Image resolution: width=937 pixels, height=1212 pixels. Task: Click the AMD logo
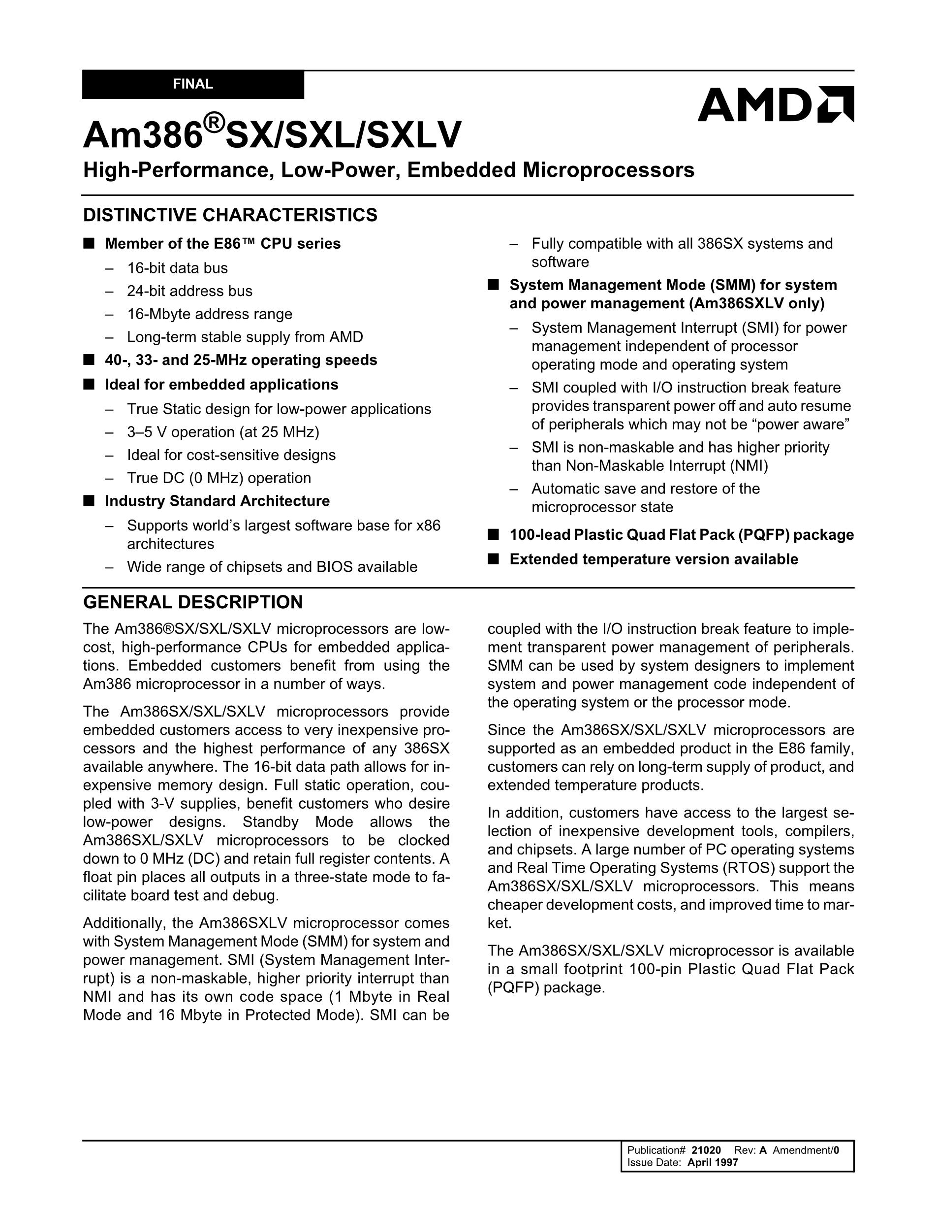point(775,104)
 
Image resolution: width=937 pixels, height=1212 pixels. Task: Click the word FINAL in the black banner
point(193,84)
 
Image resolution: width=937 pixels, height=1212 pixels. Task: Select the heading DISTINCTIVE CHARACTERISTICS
point(230,215)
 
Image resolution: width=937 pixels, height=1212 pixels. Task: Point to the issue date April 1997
point(713,1163)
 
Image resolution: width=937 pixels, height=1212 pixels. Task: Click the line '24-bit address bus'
point(189,292)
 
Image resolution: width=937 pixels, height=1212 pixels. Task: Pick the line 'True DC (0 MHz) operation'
point(219,478)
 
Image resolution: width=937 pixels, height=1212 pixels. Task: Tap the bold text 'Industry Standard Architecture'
point(218,501)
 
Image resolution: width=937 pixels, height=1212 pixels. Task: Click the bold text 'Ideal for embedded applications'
point(221,385)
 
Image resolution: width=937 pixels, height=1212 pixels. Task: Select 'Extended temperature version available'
point(654,559)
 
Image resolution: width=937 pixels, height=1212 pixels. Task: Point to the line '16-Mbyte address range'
point(210,314)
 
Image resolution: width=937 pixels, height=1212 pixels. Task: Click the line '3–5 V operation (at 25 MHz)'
point(223,432)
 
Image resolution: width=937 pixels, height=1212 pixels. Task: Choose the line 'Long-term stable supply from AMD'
point(245,337)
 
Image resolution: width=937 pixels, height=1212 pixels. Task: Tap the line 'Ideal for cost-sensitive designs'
point(231,455)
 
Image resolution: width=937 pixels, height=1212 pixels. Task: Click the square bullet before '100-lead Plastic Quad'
point(493,534)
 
